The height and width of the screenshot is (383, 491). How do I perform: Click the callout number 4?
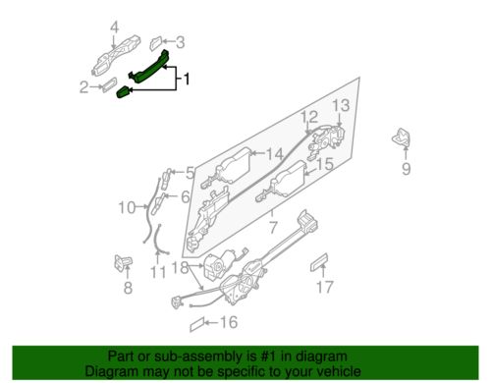point(114,27)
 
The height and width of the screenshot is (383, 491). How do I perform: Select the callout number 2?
point(83,86)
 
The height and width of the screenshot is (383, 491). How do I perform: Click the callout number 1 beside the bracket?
point(189,77)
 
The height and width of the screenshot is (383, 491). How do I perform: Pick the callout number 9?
point(404,168)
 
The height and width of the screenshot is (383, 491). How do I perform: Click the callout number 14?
point(275,153)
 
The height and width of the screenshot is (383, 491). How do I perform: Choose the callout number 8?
point(126,288)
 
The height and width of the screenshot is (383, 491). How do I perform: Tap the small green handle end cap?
point(125,92)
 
